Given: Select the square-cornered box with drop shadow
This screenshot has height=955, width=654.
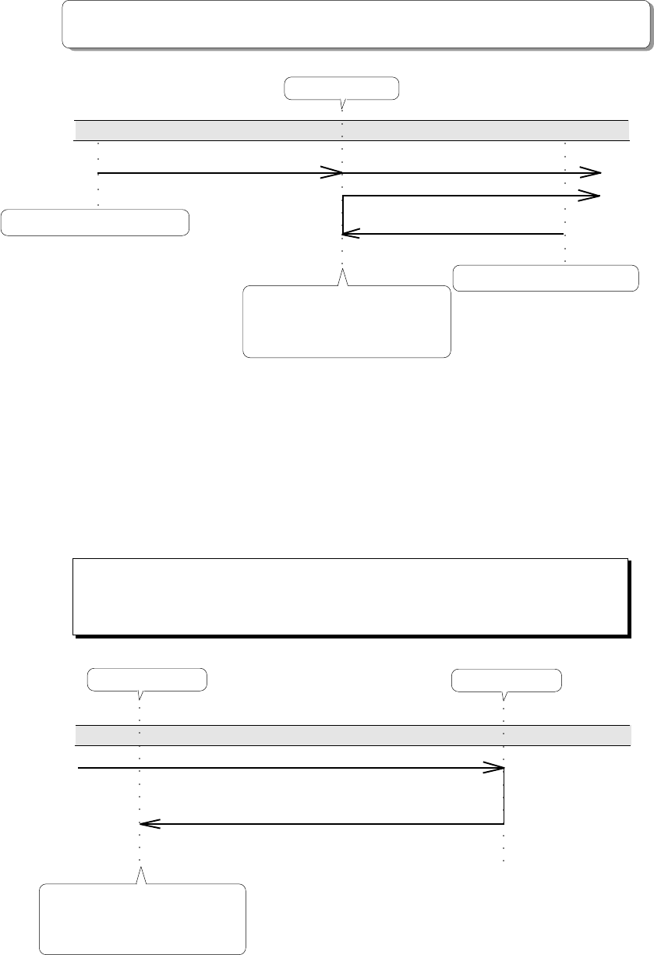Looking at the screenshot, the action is coord(349,596).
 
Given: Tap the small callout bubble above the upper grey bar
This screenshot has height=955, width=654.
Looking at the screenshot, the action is coord(341,88).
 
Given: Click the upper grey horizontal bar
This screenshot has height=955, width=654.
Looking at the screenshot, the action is coord(351,130).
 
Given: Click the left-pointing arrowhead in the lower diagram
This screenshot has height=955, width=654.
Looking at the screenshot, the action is coord(148,823).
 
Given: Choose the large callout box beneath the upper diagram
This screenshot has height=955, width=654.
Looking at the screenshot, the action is coord(347,321).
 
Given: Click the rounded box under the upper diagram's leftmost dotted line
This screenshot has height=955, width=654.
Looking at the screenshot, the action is coord(95,222).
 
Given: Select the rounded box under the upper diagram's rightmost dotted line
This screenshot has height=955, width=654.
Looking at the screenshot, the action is coord(546,278).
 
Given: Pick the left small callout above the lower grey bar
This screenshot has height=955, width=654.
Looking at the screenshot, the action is coord(147,680).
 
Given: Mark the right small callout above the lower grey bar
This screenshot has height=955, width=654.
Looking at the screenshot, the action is coord(506,681).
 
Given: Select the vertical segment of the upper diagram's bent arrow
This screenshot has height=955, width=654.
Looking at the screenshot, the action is coord(343,214).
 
